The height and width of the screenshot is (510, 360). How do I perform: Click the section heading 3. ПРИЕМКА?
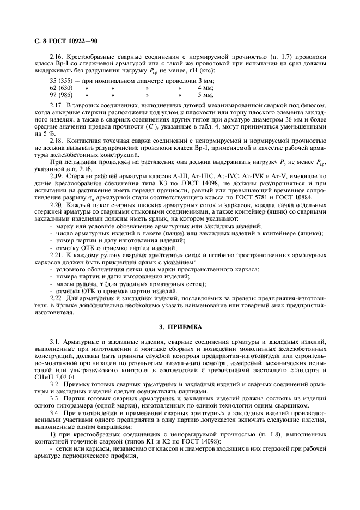(180, 326)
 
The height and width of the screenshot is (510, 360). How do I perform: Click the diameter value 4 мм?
(205, 87)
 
